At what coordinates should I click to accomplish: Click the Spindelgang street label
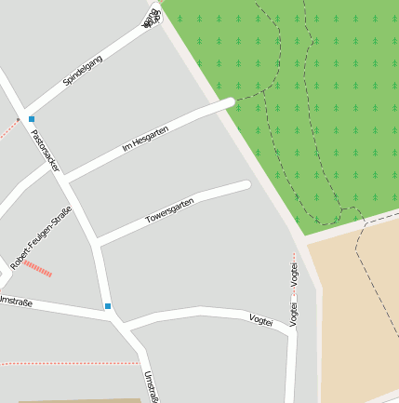pos(83,71)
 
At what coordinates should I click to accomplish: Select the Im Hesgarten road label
pos(145,139)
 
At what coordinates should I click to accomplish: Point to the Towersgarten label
pos(170,210)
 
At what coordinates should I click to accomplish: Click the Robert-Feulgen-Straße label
pos(41,237)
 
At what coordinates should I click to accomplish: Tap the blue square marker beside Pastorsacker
pos(31,119)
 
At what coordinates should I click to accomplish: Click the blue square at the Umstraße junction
pos(108,306)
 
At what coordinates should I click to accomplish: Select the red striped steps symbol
pos(37,268)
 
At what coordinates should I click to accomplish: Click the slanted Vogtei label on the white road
pos(261,320)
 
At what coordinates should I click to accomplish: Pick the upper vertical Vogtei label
pos(294,274)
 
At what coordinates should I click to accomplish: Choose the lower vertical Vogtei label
pos(294,314)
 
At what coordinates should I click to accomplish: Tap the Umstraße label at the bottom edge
pos(150,386)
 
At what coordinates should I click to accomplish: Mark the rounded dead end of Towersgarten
pos(246,185)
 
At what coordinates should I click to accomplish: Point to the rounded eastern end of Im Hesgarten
pos(229,101)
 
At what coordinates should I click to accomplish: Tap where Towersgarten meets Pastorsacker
pos(97,243)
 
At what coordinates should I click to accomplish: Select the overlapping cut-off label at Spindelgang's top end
pos(151,19)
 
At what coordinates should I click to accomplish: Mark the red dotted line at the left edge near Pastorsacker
pos(8,129)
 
